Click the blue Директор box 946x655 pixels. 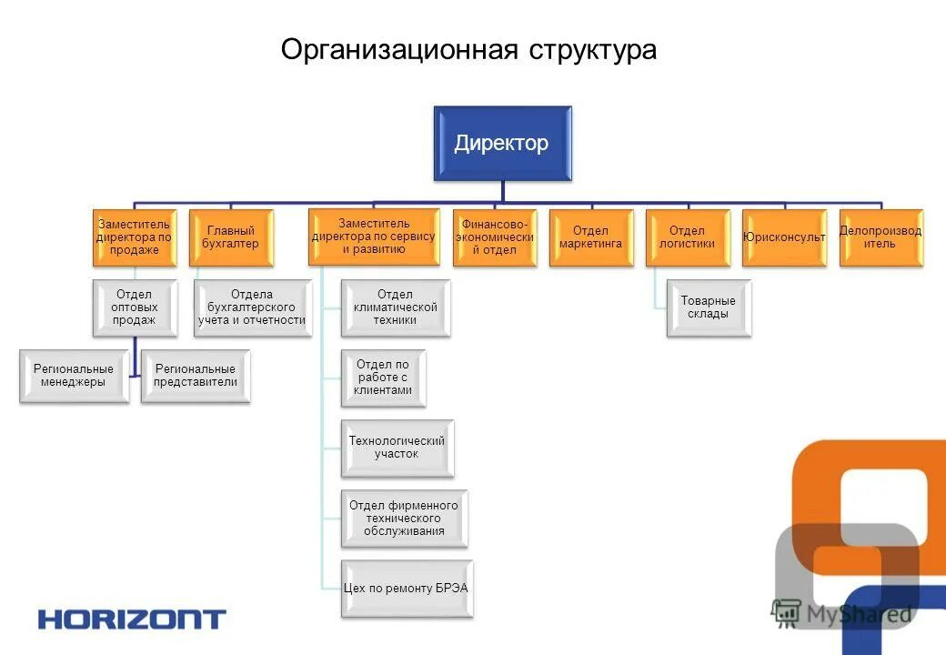pyautogui.click(x=502, y=143)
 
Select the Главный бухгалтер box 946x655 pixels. pyautogui.click(x=231, y=237)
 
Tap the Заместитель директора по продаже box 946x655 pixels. pyautogui.click(x=134, y=237)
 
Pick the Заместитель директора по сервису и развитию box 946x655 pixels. pyautogui.click(x=373, y=237)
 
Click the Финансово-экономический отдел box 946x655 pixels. pyautogui.click(x=494, y=237)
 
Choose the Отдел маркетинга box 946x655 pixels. pyautogui.click(x=590, y=237)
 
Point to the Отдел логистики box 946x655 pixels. pyautogui.click(x=687, y=237)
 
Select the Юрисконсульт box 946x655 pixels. pyautogui.click(x=784, y=237)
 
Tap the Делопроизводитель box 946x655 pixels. pyautogui.click(x=880, y=237)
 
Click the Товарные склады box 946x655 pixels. pyautogui.click(x=709, y=309)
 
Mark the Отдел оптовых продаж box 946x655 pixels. pyautogui.click(x=135, y=307)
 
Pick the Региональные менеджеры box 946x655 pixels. pyautogui.click(x=74, y=376)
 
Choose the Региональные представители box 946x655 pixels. pyautogui.click(x=196, y=376)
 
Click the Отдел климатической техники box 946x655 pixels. pyautogui.click(x=396, y=307)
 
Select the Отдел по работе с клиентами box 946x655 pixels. pyautogui.click(x=383, y=378)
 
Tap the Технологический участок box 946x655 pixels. pyautogui.click(x=397, y=448)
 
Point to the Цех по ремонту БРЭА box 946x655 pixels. pyautogui.click(x=407, y=589)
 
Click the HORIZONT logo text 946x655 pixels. pyautogui.click(x=131, y=620)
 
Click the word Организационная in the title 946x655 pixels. pyautogui.click(x=399, y=49)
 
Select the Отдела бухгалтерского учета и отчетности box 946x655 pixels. pyautogui.click(x=253, y=307)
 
